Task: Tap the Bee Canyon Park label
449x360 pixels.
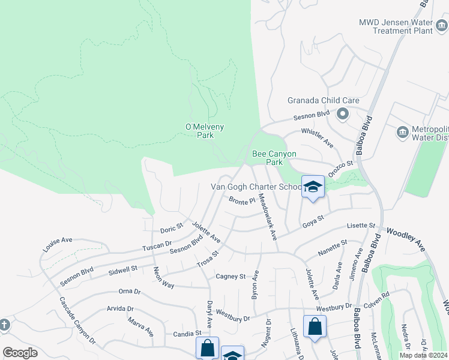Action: coord(275,158)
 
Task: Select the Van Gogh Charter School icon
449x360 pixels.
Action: coord(313,187)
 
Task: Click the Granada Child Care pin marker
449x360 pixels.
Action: coord(343,113)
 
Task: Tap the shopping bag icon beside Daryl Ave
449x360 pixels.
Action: coord(207,347)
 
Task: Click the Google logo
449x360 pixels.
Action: coord(20,353)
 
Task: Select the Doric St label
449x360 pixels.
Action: coord(171,229)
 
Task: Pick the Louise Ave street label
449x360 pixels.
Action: coord(58,244)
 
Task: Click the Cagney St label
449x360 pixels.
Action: coord(231,277)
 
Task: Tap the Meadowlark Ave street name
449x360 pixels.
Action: coord(267,218)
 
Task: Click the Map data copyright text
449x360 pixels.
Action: coord(424,355)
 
